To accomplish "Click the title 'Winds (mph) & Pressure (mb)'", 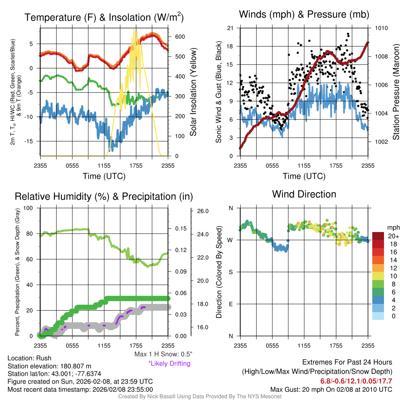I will pyautogui.click(x=304, y=15).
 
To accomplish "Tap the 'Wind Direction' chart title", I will pyautogui.click(x=304, y=194).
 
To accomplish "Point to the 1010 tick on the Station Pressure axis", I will pyautogui.click(x=381, y=28).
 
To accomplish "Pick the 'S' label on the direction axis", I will pyautogui.click(x=230, y=272).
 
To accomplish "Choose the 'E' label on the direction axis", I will pyautogui.click(x=230, y=304).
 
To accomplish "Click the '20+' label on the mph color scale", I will pyautogui.click(x=393, y=236).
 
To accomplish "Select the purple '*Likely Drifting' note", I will pyautogui.click(x=169, y=364).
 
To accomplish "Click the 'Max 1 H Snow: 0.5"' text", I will pyautogui.click(x=163, y=354).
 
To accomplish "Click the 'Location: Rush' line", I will pyautogui.click(x=29, y=358).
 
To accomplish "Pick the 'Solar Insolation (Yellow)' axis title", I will pyautogui.click(x=193, y=93).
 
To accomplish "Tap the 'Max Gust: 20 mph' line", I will pyautogui.click(x=331, y=389).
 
